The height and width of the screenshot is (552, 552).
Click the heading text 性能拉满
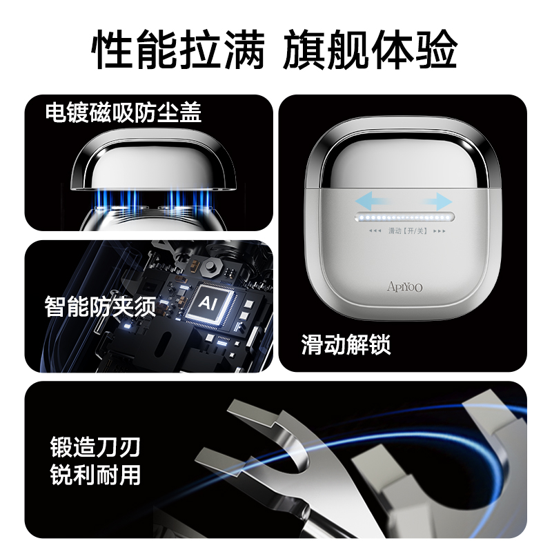[178, 49]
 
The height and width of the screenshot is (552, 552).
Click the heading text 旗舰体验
[371, 49]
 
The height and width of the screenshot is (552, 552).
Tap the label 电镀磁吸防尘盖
[124, 112]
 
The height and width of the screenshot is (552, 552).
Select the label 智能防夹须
[100, 306]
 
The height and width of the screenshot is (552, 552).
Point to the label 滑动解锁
[346, 344]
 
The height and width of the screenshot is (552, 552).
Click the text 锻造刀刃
[95, 446]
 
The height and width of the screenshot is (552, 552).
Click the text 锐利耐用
[95, 474]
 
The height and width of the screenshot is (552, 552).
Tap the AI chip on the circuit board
[208, 302]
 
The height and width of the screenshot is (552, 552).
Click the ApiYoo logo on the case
[404, 286]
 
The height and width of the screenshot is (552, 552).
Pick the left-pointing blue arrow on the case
[373, 201]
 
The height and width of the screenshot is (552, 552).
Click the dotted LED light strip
[405, 217]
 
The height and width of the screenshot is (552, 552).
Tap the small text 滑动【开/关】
[408, 231]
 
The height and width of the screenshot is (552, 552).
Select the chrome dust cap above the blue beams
[153, 163]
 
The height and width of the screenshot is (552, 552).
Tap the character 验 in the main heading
[437, 49]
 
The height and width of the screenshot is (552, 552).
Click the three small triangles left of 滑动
[375, 231]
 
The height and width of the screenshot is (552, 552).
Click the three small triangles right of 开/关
[440, 231]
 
